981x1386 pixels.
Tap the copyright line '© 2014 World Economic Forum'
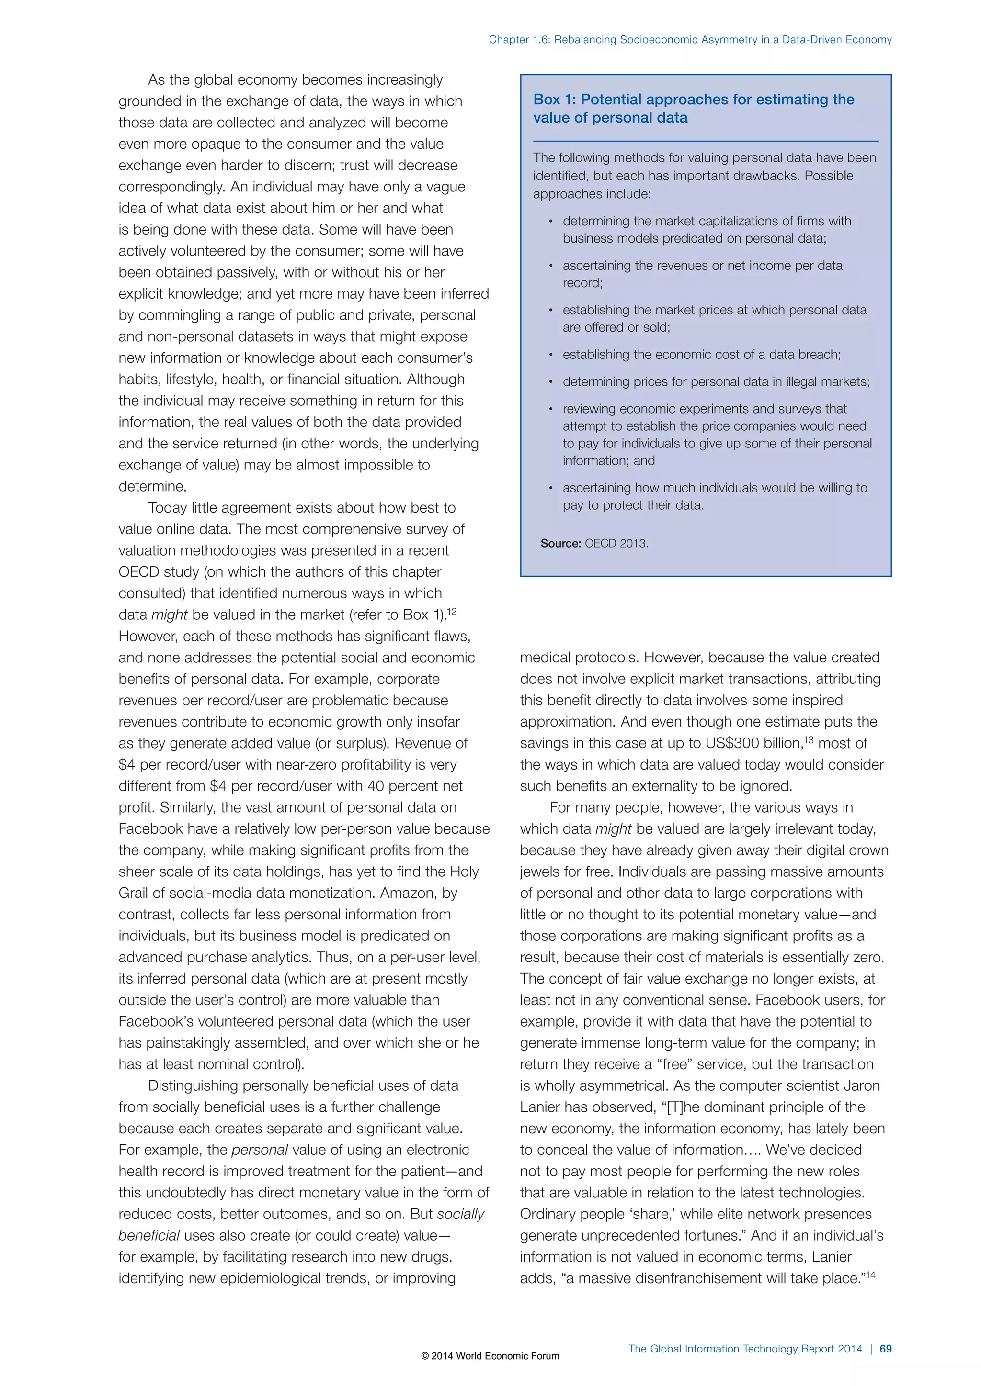[490, 1356]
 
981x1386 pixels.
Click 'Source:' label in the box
[560, 543]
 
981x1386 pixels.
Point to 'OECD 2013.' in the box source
[616, 543]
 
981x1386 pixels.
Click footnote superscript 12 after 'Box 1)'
[452, 612]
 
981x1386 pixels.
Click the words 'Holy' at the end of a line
[464, 872]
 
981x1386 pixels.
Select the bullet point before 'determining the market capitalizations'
[550, 222]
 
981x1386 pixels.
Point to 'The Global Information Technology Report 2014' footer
[745, 1349]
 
